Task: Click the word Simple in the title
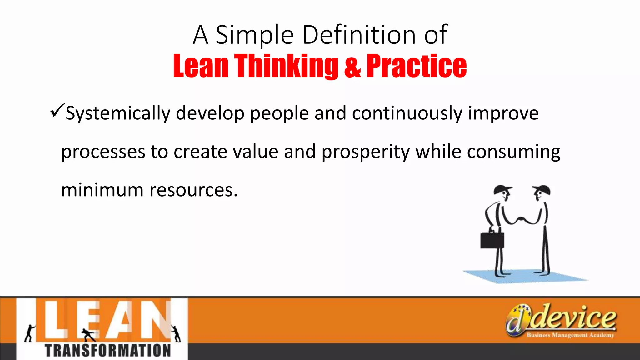pyautogui.click(x=254, y=35)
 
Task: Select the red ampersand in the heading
pyautogui.click(x=352, y=66)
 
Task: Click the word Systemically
pyautogui.click(x=118, y=113)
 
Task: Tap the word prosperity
pyautogui.click(x=365, y=152)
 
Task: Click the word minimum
pyautogui.click(x=102, y=190)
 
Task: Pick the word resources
pyautogui.click(x=193, y=190)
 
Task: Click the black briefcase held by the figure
pyautogui.click(x=492, y=240)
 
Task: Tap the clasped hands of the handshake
pyautogui.click(x=521, y=219)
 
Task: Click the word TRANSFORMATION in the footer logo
pyautogui.click(x=108, y=351)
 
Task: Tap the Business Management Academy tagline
pyautogui.click(x=570, y=335)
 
